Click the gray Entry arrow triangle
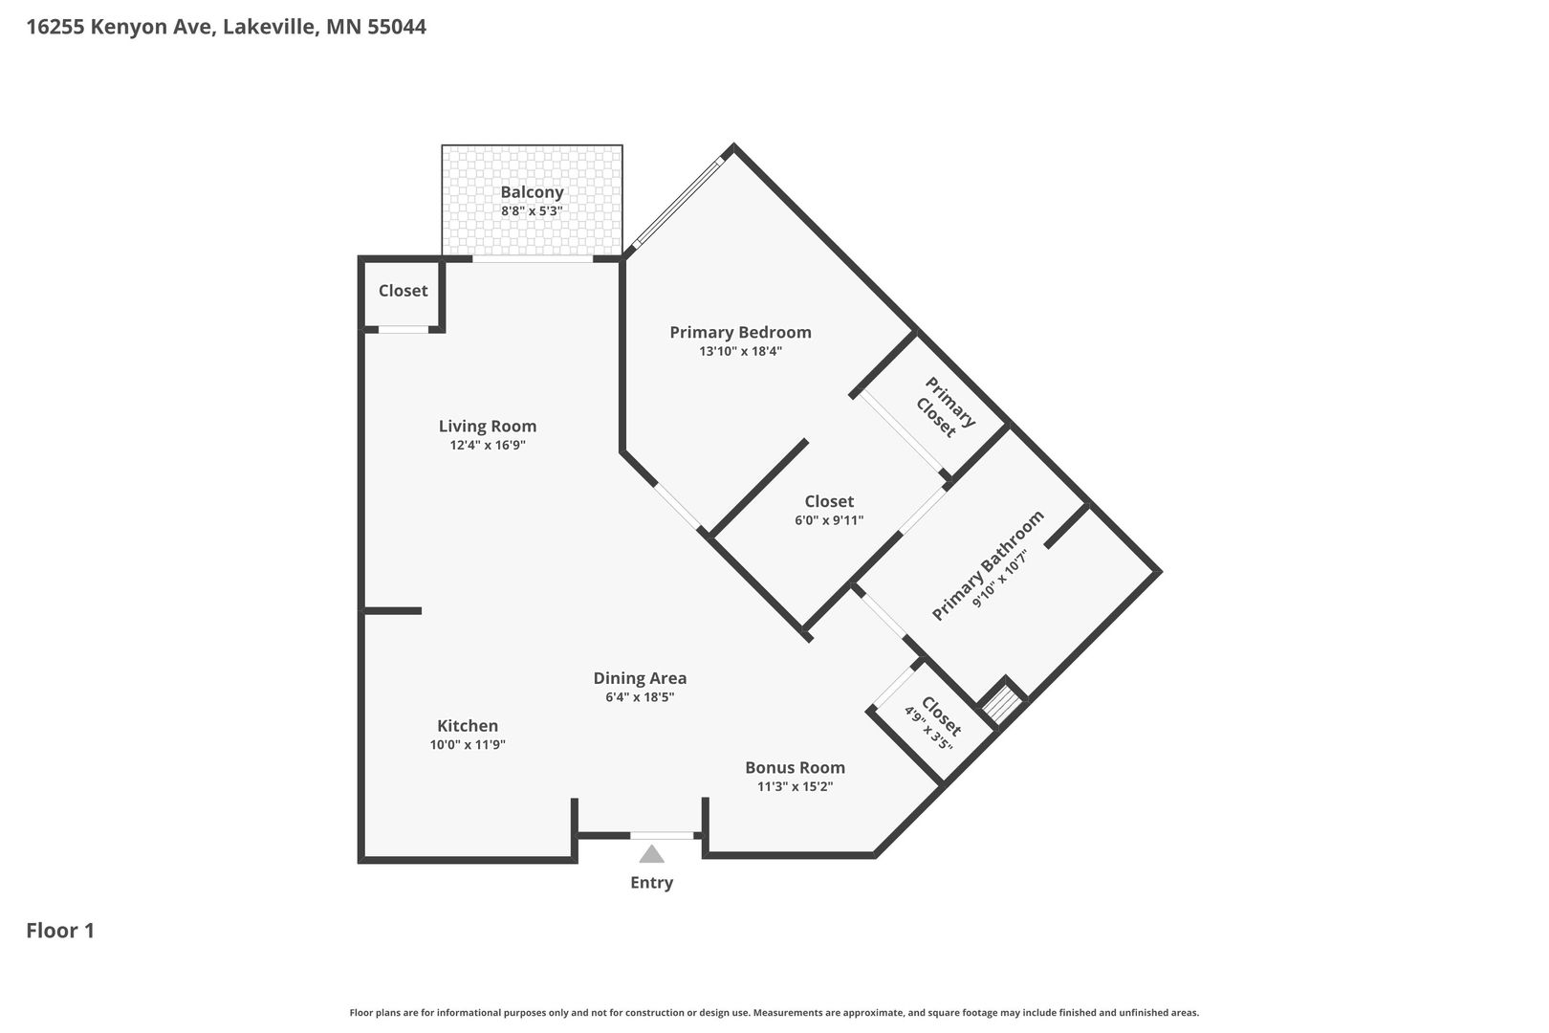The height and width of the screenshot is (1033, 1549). [x=651, y=854]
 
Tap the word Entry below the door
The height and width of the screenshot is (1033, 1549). [x=651, y=883]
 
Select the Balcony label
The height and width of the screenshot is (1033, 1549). [x=532, y=192]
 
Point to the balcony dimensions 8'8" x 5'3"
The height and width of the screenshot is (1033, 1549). [x=532, y=211]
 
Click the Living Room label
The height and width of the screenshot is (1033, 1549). [x=488, y=427]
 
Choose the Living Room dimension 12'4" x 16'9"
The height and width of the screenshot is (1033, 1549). [x=488, y=445]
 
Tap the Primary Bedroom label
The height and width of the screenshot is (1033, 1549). [x=741, y=333]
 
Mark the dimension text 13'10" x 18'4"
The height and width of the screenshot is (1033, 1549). [x=741, y=351]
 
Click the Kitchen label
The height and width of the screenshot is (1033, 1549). [x=468, y=726]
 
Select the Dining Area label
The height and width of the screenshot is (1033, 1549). [x=640, y=679]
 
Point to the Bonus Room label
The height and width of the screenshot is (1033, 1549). [x=796, y=768]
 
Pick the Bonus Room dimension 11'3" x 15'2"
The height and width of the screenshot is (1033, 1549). [x=796, y=786]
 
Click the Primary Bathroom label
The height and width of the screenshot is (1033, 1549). [x=987, y=566]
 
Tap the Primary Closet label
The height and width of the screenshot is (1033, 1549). [x=945, y=408]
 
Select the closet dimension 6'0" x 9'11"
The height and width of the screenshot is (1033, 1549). [x=829, y=520]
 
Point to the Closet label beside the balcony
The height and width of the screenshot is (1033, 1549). [x=404, y=291]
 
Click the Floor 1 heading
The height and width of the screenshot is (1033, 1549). [x=60, y=931]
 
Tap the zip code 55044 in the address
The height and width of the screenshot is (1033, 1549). [x=396, y=27]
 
